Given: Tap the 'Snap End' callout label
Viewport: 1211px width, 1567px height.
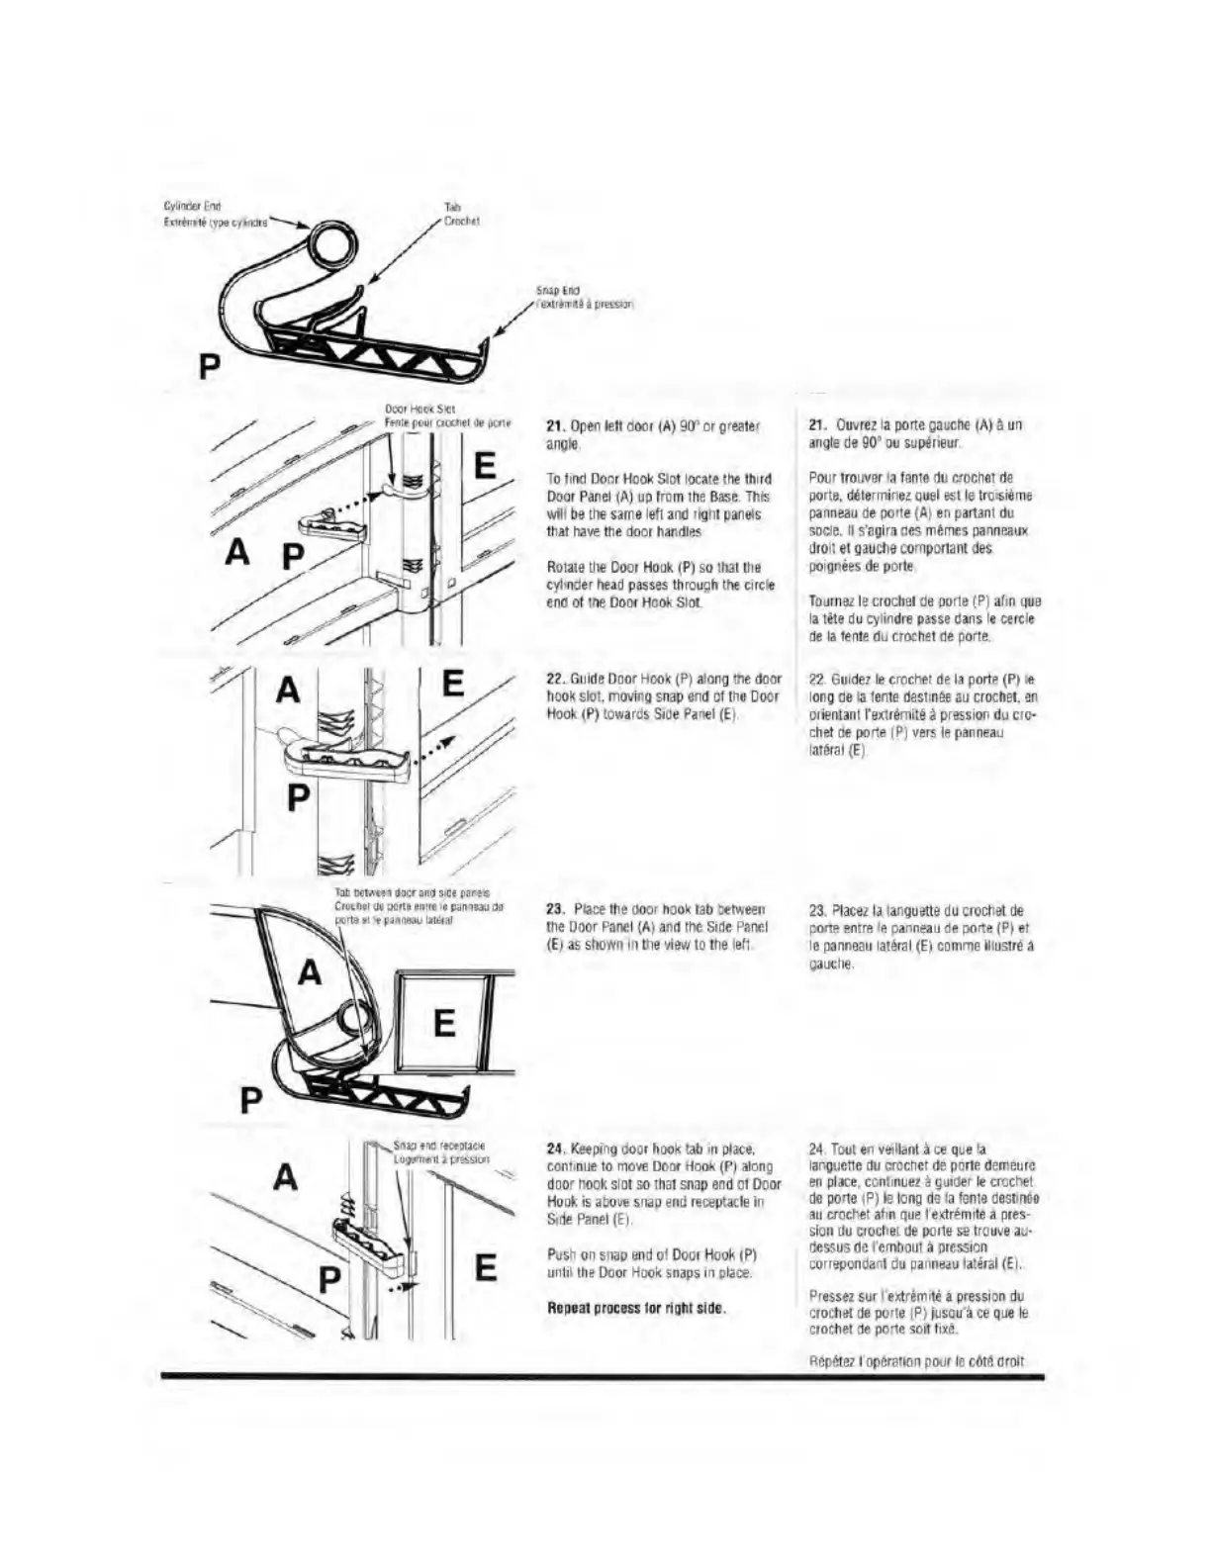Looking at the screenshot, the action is click(557, 291).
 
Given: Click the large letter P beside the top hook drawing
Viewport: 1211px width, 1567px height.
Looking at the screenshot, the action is click(209, 366).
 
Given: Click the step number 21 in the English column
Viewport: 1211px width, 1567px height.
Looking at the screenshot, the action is click(555, 426).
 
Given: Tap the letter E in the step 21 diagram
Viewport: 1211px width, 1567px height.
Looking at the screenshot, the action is click(485, 466).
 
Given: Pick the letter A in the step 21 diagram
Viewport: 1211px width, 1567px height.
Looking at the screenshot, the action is click(236, 551).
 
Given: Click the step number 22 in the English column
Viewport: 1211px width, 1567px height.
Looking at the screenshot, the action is click(555, 680).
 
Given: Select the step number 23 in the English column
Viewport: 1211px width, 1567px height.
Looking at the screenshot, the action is click(555, 910).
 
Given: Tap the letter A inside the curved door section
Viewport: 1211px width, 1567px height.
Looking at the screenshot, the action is click(311, 972).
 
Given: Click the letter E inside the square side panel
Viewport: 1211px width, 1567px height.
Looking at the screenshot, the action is click(444, 1022).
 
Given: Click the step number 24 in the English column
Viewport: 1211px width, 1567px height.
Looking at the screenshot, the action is click(555, 1150).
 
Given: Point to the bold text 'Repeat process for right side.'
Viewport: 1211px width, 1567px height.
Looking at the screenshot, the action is click(637, 1308).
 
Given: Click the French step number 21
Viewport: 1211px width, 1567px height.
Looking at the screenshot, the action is click(817, 425).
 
